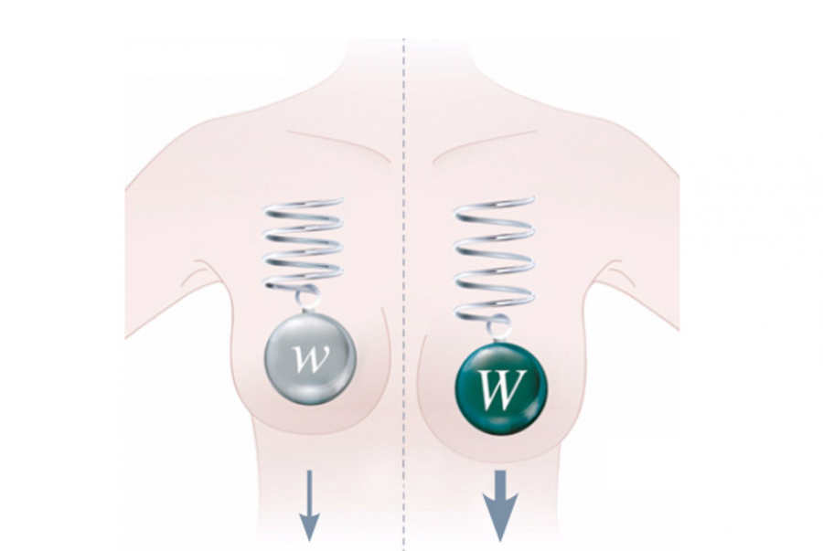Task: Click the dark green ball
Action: tap(500, 383)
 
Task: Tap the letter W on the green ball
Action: tap(501, 387)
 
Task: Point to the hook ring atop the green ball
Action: tap(499, 323)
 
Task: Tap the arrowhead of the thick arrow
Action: tap(500, 521)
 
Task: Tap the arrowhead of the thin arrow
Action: tap(310, 525)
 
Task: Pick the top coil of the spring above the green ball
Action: tap(494, 204)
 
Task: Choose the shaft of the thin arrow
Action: tap(310, 489)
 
